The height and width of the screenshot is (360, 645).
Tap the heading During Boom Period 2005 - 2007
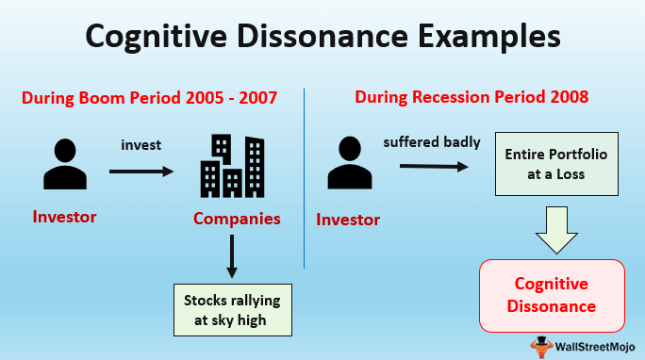150,97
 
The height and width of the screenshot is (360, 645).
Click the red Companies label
237,219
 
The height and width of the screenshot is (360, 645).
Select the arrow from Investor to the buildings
141,172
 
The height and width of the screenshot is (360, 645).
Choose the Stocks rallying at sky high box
232,309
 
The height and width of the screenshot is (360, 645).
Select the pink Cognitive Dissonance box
553,295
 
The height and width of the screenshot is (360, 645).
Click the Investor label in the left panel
64,217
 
